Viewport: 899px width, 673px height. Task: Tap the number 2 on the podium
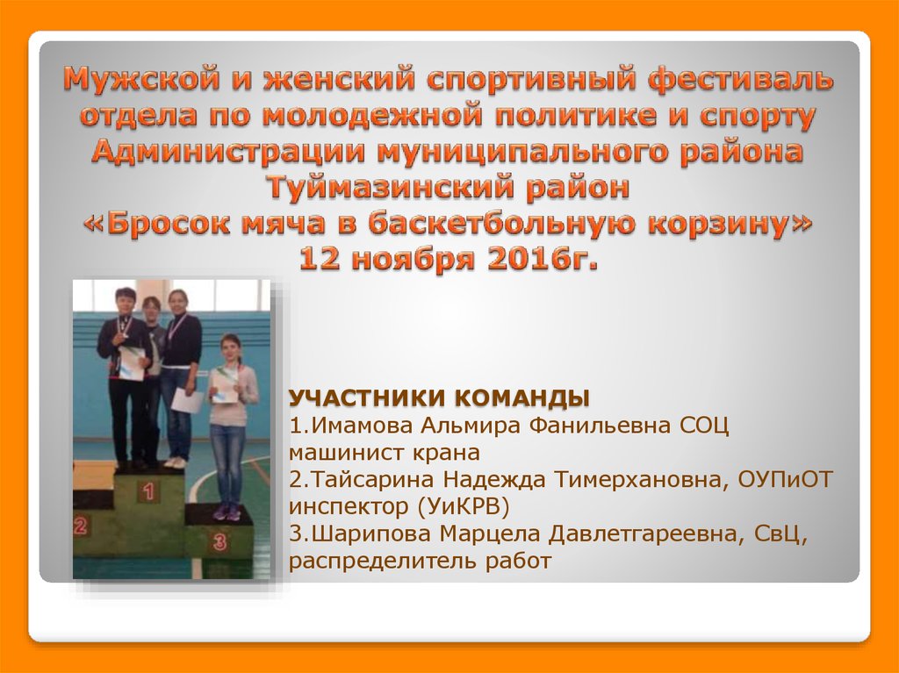[x=80, y=526]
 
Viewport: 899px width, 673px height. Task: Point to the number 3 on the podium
[x=219, y=541]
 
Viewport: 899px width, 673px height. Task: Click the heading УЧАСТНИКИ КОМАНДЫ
[x=440, y=398]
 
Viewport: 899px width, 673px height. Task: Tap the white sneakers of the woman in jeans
[x=176, y=462]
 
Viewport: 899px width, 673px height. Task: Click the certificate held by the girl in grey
[x=224, y=387]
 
